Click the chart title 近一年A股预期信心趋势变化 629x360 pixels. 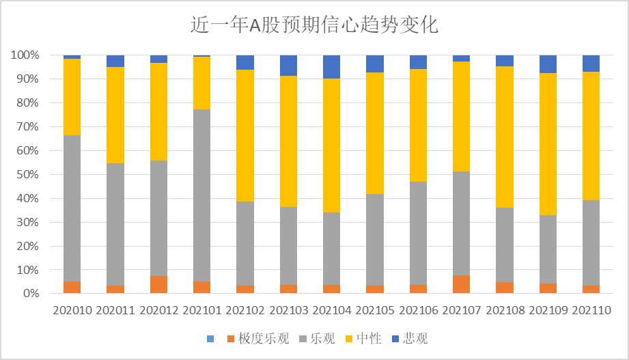pos(314,25)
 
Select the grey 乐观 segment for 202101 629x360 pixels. pos(201,195)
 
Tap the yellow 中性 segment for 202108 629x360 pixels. pos(504,137)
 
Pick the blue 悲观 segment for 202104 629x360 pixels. pos(331,67)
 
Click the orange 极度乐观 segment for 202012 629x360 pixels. pos(158,285)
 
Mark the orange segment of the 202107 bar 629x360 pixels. pos(461,285)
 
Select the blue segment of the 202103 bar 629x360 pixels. pos(288,66)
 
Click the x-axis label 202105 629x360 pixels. pos(374,310)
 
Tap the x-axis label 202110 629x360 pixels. pos(591,310)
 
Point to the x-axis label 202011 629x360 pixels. pos(115,310)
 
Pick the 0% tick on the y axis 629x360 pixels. pos(33,294)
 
